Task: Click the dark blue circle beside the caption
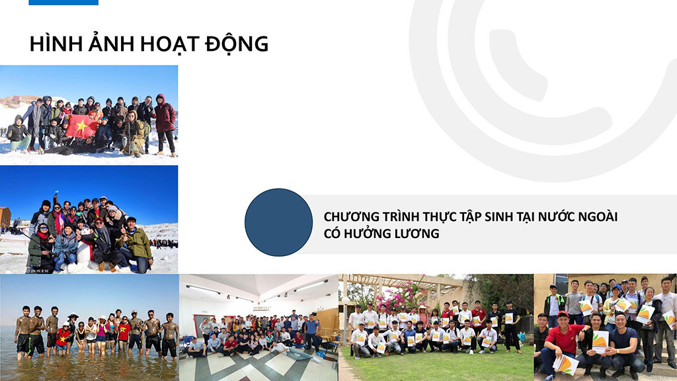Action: click(x=278, y=222)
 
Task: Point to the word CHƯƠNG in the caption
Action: click(x=350, y=216)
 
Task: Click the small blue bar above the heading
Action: click(x=63, y=2)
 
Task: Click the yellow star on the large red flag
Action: click(x=81, y=126)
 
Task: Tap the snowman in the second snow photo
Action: click(x=83, y=252)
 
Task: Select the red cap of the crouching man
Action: click(x=563, y=314)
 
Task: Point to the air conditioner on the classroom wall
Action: click(x=262, y=308)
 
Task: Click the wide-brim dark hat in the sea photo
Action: click(x=73, y=315)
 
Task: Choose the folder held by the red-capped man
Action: click(x=565, y=364)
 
